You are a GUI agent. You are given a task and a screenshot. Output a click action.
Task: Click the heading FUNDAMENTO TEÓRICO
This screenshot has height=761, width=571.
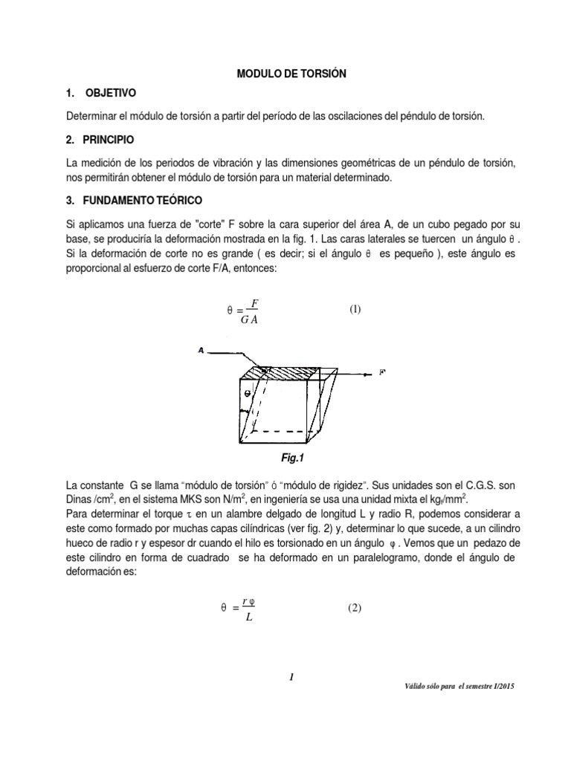click(139, 201)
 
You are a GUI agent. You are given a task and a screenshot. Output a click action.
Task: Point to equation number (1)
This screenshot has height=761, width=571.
click(355, 309)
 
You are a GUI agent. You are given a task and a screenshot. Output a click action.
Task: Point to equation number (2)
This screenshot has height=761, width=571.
click(355, 608)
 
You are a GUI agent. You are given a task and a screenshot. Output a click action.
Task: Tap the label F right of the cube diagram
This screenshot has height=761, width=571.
click(382, 371)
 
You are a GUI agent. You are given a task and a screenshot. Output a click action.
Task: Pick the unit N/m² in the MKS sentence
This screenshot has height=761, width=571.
click(228, 501)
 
